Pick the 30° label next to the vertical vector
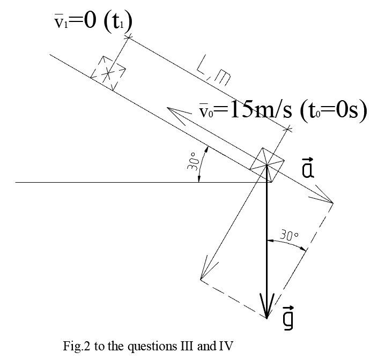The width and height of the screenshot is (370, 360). click(x=290, y=235)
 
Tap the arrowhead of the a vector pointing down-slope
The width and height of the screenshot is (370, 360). click(x=327, y=199)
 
